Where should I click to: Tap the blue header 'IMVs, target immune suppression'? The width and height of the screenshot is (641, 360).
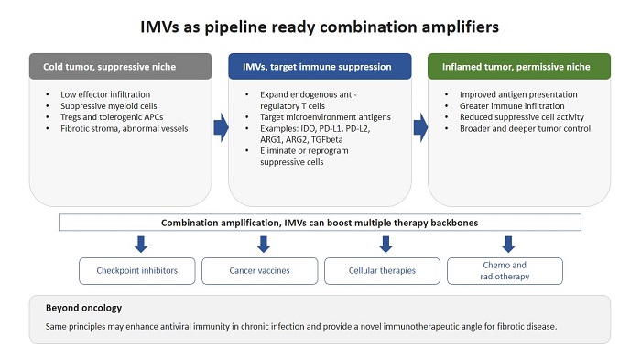pos(318,66)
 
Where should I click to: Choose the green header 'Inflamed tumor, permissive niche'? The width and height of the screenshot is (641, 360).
pos(517,66)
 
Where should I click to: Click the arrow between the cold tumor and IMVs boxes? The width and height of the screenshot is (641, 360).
pos(221,127)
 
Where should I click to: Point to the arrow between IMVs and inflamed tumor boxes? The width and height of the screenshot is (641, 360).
pos(419,127)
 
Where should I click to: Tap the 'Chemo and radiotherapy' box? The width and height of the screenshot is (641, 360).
pos(505,270)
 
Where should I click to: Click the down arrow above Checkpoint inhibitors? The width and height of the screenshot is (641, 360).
pos(139,244)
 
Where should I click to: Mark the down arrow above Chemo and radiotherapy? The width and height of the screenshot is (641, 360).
pos(508,244)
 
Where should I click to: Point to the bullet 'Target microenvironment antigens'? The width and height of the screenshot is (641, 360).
pos(317,118)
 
